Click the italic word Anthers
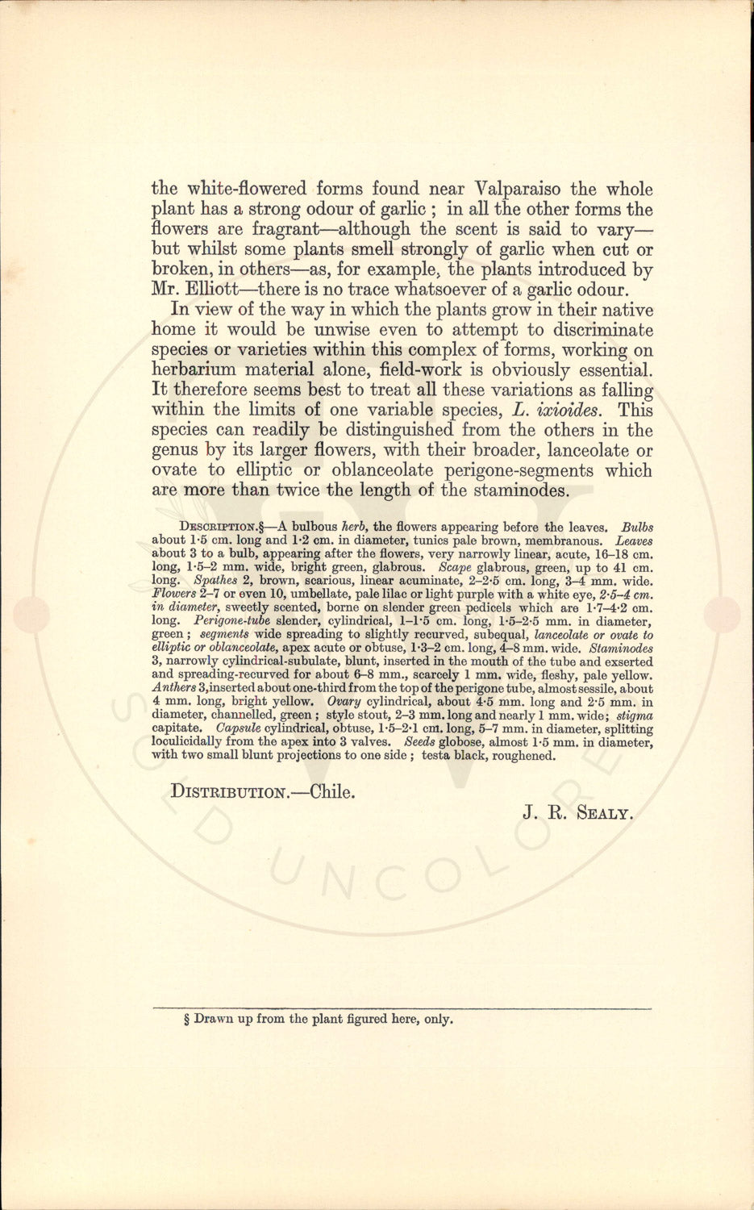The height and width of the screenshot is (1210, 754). tap(173, 688)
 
